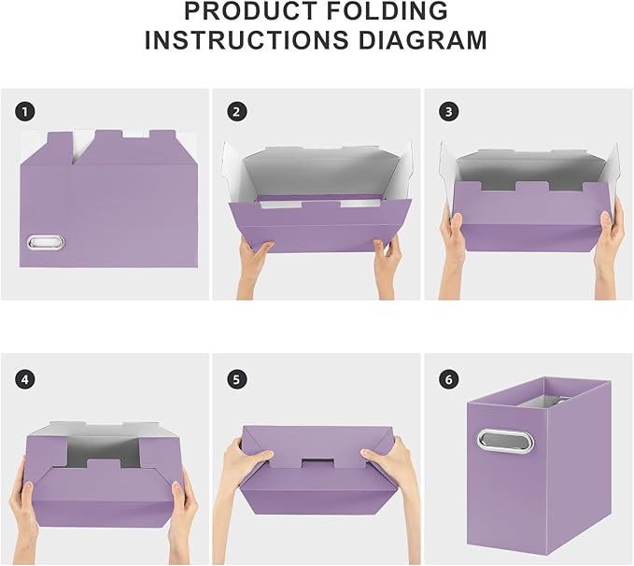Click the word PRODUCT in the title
pyautogui.click(x=249, y=12)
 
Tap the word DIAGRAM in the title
pyautogui.click(x=430, y=40)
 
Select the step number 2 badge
pyautogui.click(x=237, y=112)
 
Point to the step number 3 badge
pyautogui.click(x=449, y=112)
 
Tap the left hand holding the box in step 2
pyautogui.click(x=256, y=263)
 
